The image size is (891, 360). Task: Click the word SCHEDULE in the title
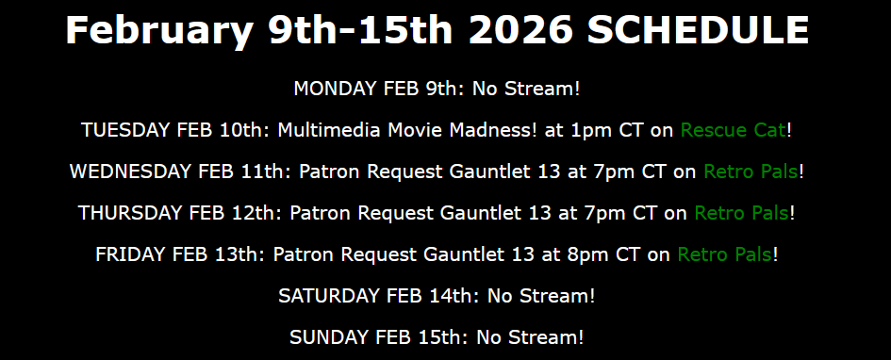[x=698, y=29]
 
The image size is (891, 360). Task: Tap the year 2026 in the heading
[x=520, y=29]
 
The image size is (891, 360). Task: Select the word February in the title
[x=159, y=31]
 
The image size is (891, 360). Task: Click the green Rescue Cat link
[x=734, y=130]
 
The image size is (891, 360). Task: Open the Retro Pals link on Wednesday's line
[x=751, y=172]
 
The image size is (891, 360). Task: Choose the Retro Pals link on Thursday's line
[x=742, y=213]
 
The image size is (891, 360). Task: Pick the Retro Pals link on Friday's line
[x=725, y=254]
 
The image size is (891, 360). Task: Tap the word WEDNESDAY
[x=131, y=172]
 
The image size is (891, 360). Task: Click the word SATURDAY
[x=330, y=296]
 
